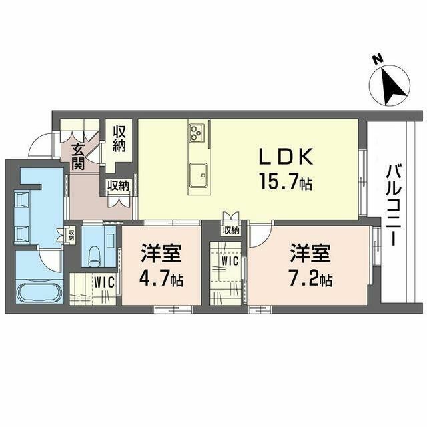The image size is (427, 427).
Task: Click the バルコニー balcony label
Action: coord(394,205)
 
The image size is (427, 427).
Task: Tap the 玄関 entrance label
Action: coord(78,157)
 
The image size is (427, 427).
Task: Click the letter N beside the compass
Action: coord(378,59)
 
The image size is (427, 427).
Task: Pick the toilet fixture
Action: coord(95,256)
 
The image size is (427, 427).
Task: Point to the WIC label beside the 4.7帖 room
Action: coord(105,282)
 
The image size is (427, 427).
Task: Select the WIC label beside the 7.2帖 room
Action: coord(230,261)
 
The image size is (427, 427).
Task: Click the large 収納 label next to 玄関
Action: coord(119,139)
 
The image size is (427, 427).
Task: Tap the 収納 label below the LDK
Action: coord(231,230)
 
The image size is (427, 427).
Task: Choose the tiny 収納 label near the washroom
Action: coord(71,235)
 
